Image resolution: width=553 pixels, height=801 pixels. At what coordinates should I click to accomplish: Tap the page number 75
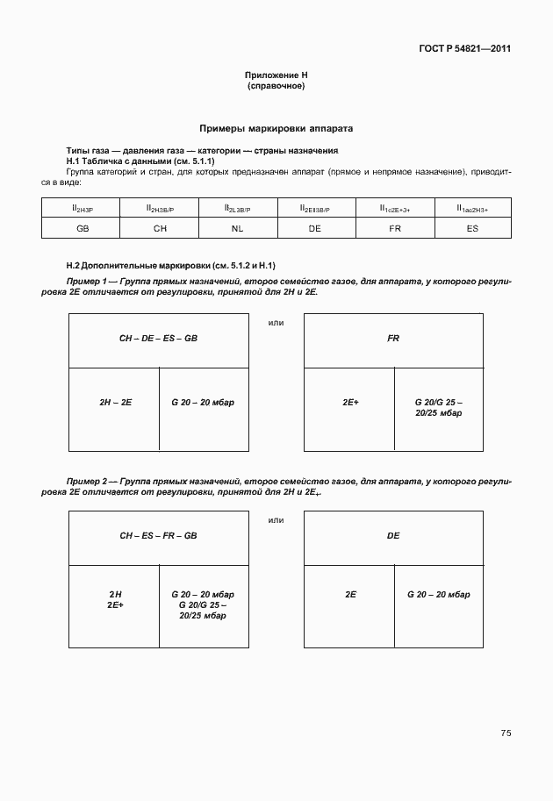[506, 733]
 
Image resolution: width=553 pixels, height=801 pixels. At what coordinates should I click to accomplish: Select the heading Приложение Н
[276, 76]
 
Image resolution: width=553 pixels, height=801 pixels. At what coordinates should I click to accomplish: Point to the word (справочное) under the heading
[276, 87]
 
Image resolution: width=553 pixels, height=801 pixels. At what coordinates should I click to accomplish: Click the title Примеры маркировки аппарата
[276, 128]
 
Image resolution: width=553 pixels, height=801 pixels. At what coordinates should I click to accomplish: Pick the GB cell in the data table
[82, 227]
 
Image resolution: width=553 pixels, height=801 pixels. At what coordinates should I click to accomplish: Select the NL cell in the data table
[237, 227]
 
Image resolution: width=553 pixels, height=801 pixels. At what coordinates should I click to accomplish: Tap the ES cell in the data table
[472, 227]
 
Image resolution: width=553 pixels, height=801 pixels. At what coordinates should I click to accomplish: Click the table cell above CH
[160, 208]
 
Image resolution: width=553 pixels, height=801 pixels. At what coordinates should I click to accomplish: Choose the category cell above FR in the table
[394, 208]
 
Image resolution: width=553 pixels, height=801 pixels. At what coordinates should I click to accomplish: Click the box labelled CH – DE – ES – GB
[159, 338]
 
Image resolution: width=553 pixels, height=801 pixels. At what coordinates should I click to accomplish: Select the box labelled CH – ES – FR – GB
[159, 535]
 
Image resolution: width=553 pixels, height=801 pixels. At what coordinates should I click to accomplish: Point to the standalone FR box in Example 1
[393, 338]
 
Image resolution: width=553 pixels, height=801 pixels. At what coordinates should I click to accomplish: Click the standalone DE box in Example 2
[393, 535]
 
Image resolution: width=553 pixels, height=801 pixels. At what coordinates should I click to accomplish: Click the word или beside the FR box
[276, 323]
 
